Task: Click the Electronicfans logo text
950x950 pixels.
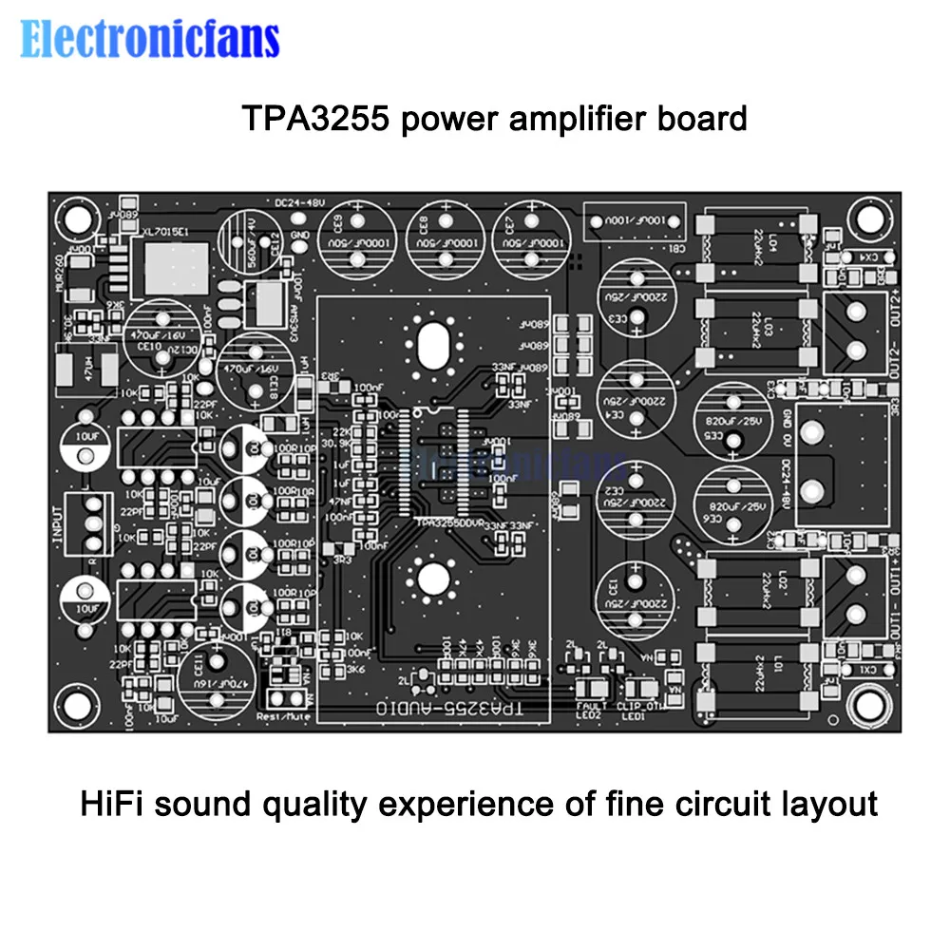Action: tap(150, 39)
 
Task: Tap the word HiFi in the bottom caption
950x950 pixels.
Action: tap(108, 804)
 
